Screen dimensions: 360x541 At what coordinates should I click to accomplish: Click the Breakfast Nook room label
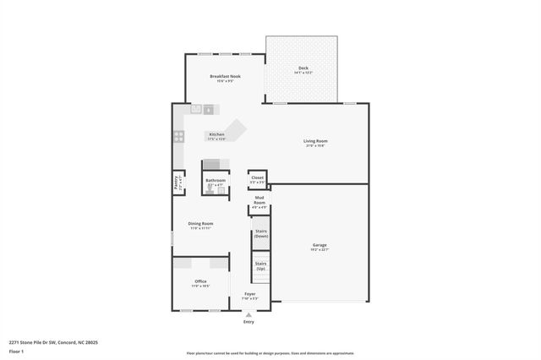click(225, 76)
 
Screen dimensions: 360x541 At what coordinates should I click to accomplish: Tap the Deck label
click(303, 68)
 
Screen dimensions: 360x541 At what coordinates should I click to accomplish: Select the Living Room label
click(315, 141)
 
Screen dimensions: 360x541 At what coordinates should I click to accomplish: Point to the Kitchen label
click(216, 134)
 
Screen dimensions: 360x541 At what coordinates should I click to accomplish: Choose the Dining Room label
click(200, 224)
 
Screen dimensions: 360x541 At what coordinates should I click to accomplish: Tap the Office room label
click(200, 281)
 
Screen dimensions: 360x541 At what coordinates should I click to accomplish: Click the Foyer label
click(249, 294)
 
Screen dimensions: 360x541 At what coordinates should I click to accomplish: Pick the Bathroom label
click(215, 180)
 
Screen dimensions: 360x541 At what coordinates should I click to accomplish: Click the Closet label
click(258, 177)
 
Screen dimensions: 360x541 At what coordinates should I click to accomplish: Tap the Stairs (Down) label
click(261, 233)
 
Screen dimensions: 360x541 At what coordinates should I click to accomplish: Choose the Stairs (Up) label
click(261, 265)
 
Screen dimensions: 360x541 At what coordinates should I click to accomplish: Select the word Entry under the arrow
click(249, 322)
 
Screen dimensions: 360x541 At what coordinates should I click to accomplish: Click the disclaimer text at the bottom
click(270, 353)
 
